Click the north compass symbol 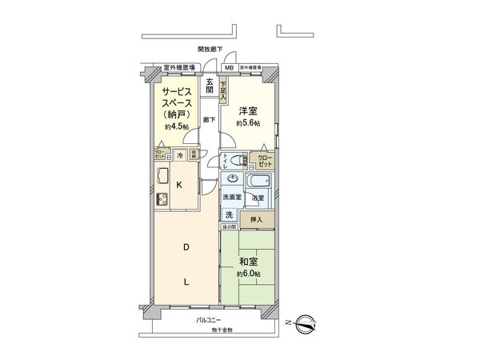click(x=306, y=324)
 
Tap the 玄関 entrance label click(x=210, y=86)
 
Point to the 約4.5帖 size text click(x=177, y=127)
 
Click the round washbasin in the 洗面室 click(x=233, y=178)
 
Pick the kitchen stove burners click(x=160, y=198)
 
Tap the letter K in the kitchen click(x=180, y=185)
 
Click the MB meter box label click(x=229, y=68)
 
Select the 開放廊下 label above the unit click(x=210, y=50)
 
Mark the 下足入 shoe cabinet click(x=223, y=89)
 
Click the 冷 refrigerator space click(x=181, y=154)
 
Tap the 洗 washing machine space click(x=229, y=215)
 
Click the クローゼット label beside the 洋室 click(x=265, y=159)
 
